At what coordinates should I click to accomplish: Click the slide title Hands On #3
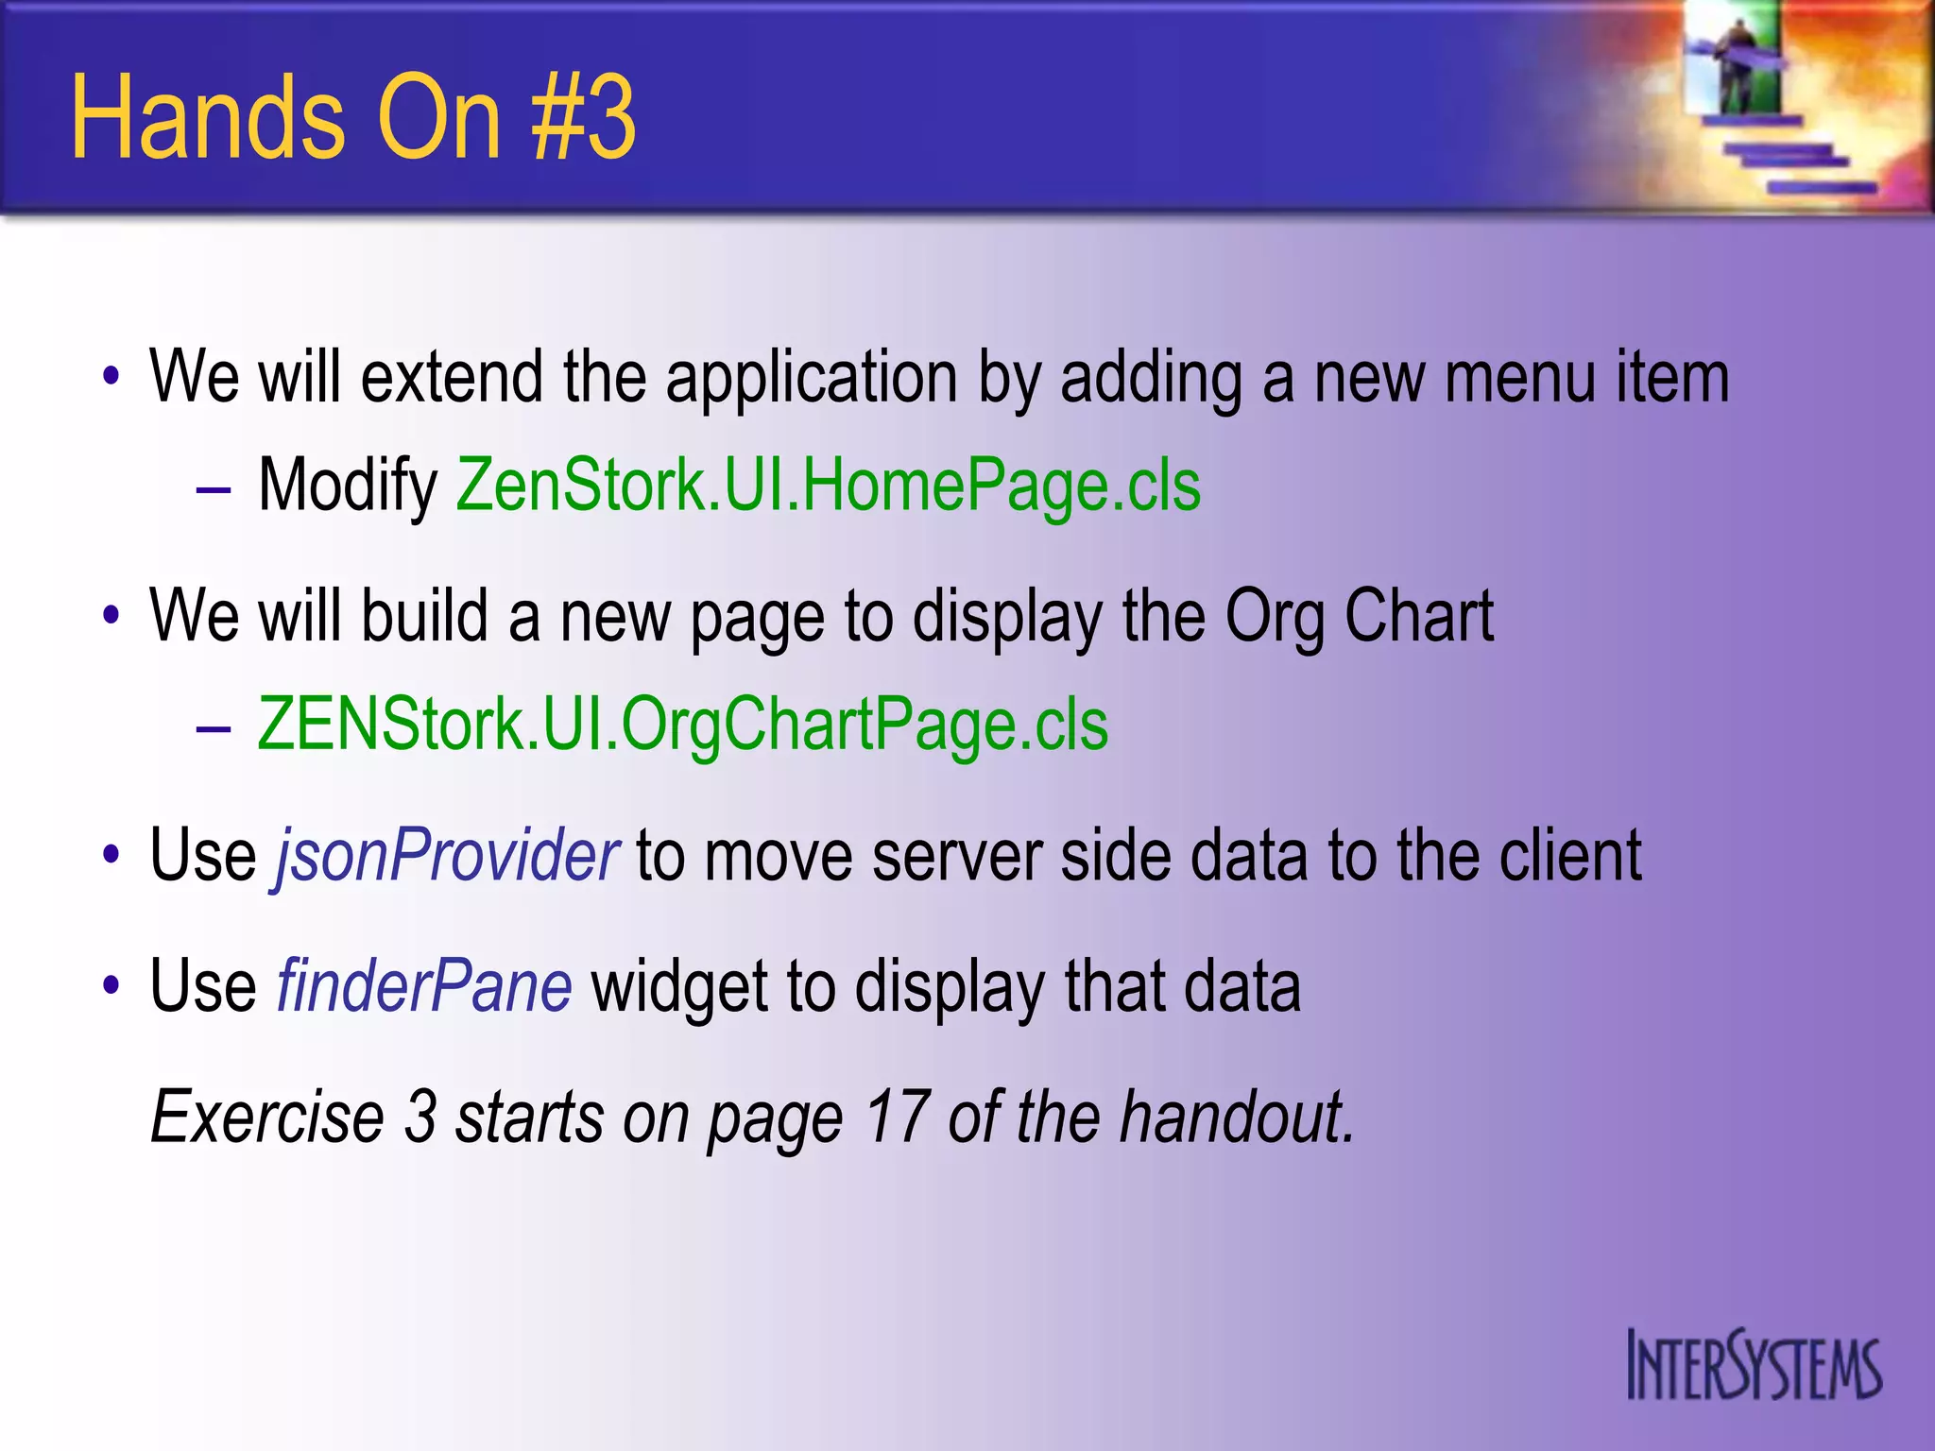pyautogui.click(x=353, y=118)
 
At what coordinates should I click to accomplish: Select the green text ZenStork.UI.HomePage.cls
pyautogui.click(x=829, y=485)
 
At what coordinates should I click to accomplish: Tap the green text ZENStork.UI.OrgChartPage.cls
pyautogui.click(x=682, y=725)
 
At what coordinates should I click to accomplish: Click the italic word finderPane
pyautogui.click(x=424, y=986)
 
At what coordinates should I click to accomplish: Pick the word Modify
pyautogui.click(x=348, y=487)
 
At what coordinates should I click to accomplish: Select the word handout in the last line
pyautogui.click(x=1237, y=1118)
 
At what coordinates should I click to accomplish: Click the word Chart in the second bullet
pyautogui.click(x=1418, y=616)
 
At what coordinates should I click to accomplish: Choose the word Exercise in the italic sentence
pyautogui.click(x=267, y=1118)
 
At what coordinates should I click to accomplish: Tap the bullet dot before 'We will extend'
pyautogui.click(x=111, y=379)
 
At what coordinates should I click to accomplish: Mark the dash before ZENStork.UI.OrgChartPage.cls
pyautogui.click(x=214, y=728)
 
